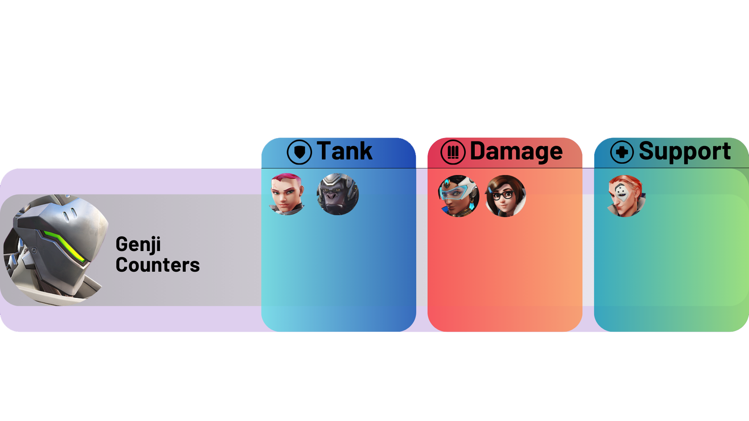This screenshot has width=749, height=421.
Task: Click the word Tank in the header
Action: [x=344, y=151]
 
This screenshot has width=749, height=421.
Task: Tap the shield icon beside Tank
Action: [x=299, y=152]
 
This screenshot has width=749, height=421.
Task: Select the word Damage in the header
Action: [x=516, y=151]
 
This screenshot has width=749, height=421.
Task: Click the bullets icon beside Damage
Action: [x=453, y=152]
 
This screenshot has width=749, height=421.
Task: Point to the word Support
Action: [x=685, y=151]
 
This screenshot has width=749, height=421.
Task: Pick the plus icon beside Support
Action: [x=622, y=152]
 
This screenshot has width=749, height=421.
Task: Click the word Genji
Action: [x=138, y=245]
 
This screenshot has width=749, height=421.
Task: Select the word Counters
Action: [x=158, y=265]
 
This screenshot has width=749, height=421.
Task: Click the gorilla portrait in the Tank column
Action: [x=338, y=194]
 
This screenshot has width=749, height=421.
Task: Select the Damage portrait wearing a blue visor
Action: [x=458, y=196]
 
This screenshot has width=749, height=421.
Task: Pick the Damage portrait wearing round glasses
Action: [x=506, y=196]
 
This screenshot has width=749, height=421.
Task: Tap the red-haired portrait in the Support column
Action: [x=626, y=196]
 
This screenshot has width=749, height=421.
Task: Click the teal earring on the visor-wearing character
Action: [x=472, y=204]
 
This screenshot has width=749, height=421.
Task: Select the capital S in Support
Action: [x=647, y=151]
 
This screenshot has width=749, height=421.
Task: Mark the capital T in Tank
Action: [x=324, y=151]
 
